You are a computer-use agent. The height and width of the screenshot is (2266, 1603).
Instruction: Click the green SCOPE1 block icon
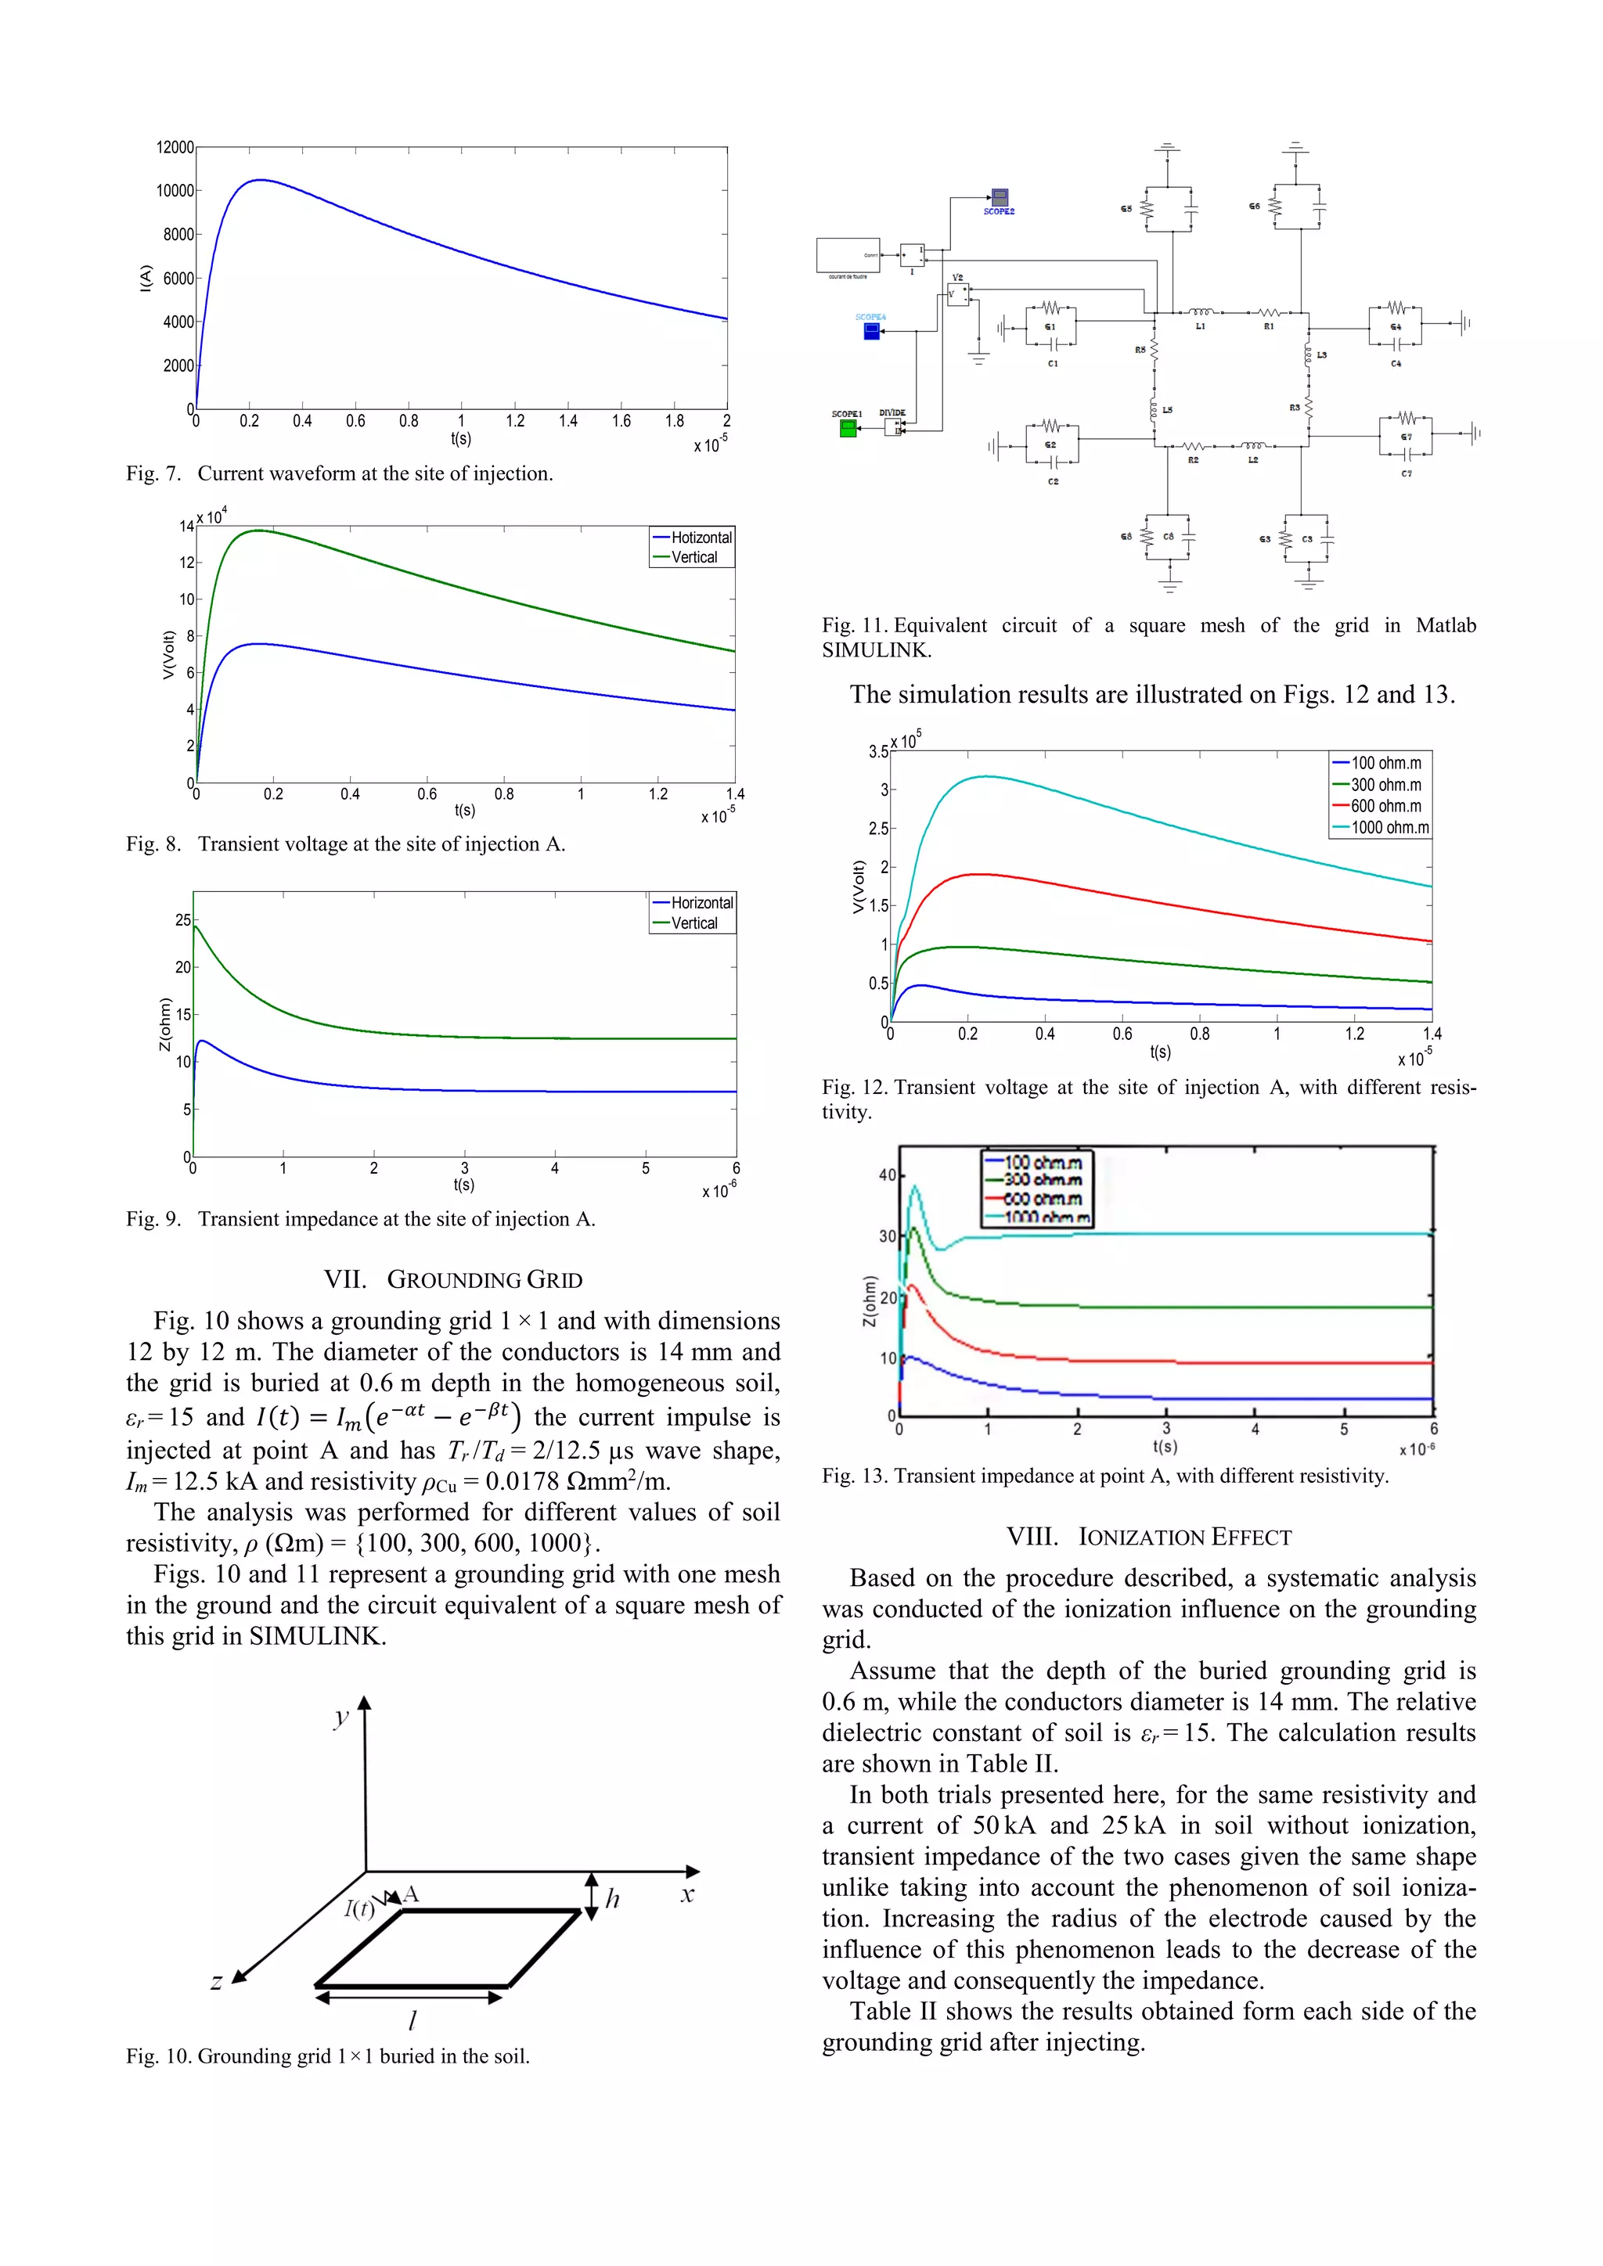pos(848,428)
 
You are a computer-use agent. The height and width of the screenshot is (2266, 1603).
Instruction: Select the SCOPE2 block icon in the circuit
pos(999,197)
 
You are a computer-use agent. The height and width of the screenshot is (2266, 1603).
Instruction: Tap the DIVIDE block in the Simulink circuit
pos(893,427)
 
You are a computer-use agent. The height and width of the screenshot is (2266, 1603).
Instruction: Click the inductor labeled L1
pos(1200,313)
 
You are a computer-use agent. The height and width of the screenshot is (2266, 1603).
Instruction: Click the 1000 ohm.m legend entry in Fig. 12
pos(1389,827)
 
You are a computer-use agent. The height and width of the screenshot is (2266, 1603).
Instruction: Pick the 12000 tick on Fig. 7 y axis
pos(175,147)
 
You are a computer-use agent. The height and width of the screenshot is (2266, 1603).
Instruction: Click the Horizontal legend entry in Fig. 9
pos(701,902)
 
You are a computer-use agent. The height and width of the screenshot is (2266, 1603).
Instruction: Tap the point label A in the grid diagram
pos(412,1893)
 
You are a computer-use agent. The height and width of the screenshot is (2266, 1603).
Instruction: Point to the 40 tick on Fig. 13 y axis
pos(886,1174)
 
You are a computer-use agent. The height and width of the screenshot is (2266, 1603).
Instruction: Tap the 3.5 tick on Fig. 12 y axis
pos(877,751)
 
